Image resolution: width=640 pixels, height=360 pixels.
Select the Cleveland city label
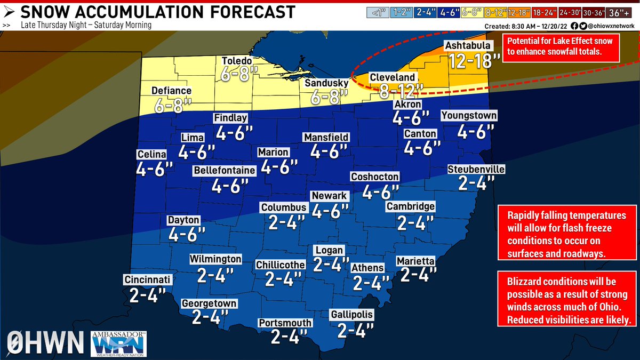(x=392, y=78)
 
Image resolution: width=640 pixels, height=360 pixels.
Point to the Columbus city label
(x=283, y=207)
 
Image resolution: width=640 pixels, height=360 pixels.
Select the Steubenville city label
(x=476, y=170)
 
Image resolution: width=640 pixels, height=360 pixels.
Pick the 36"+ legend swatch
(x=622, y=11)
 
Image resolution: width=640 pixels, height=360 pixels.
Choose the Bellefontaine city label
(x=225, y=171)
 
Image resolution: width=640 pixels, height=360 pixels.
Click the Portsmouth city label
(x=285, y=323)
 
